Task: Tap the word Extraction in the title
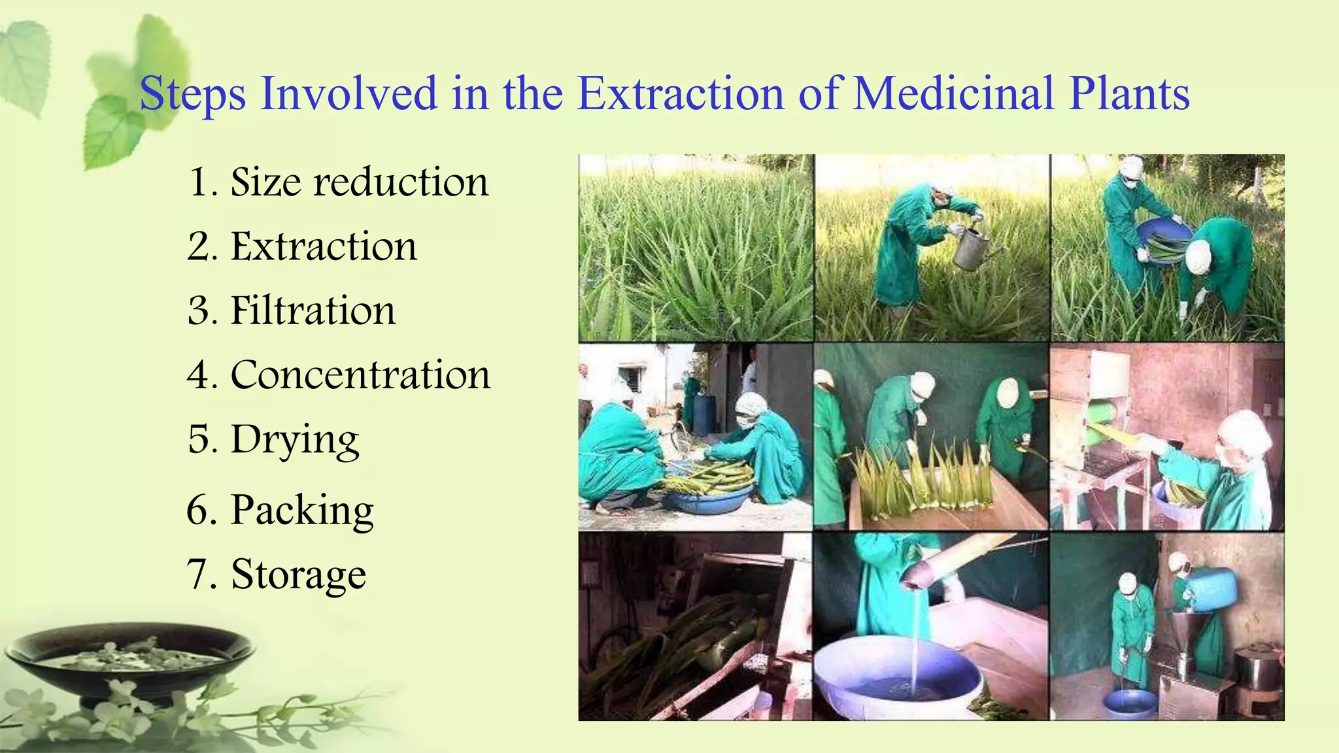[681, 93]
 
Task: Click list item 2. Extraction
[302, 246]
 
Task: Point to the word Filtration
[313, 310]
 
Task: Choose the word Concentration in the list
[360, 375]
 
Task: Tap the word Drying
[295, 440]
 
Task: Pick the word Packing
[302, 510]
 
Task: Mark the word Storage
[298, 575]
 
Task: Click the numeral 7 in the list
[197, 575]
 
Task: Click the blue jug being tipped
[1210, 589]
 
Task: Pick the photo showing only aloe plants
[696, 248]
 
